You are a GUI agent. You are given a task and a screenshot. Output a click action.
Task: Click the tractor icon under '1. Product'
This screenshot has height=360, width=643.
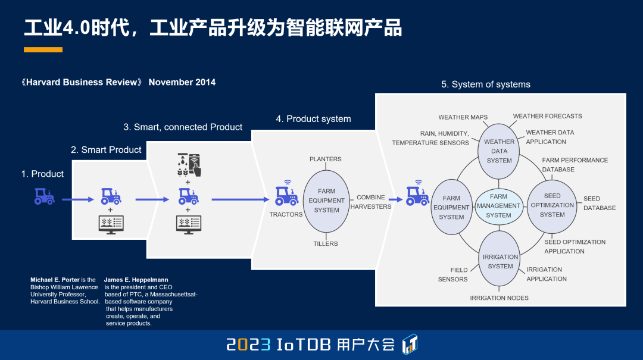click(44, 196)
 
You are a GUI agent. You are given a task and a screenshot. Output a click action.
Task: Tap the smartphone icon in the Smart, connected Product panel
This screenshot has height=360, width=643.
click(194, 164)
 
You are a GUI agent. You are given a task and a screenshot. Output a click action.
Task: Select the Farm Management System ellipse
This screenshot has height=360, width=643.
click(498, 206)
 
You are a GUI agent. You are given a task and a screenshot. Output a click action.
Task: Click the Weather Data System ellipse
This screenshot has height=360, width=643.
click(499, 151)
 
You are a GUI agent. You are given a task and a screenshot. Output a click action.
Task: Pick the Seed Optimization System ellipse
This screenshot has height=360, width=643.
click(552, 205)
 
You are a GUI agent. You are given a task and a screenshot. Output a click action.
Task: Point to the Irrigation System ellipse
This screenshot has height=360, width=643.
click(500, 262)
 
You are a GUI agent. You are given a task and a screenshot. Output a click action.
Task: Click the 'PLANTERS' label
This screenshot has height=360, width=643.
click(326, 159)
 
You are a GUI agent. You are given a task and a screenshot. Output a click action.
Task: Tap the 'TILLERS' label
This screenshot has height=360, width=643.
click(326, 244)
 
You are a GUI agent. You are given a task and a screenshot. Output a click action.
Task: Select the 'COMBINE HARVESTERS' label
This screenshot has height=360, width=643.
click(370, 202)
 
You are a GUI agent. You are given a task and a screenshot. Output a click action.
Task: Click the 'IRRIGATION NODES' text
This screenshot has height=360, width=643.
click(499, 298)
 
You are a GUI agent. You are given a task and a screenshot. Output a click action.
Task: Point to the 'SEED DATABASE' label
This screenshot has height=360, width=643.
click(600, 204)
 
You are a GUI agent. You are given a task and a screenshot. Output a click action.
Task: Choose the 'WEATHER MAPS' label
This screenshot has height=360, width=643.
click(463, 118)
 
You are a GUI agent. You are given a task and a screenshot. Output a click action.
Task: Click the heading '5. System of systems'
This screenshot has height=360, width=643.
click(485, 84)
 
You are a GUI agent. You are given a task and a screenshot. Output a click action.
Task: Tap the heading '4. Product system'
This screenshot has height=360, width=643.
click(313, 119)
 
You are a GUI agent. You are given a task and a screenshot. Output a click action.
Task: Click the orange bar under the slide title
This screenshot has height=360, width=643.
click(43, 50)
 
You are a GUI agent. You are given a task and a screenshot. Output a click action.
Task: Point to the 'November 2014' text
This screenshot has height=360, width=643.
click(182, 83)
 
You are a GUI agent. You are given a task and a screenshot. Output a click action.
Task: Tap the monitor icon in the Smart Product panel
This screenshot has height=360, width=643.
click(111, 224)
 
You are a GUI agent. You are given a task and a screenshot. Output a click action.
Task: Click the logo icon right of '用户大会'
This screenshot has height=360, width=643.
click(410, 344)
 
